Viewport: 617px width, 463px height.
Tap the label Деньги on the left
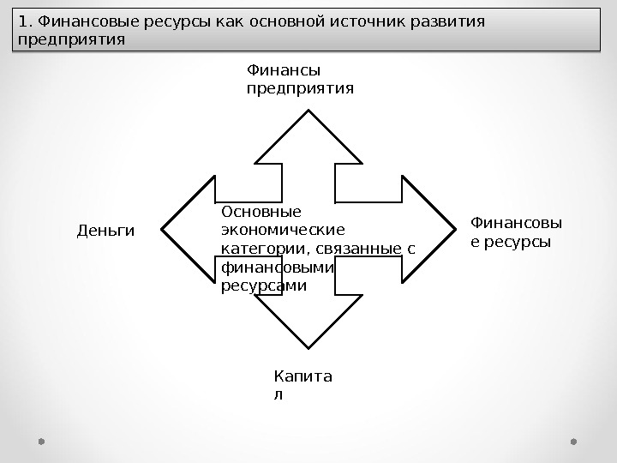pos(106,231)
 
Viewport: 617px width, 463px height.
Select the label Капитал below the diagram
pos(303,385)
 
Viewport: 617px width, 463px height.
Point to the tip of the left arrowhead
pos(161,230)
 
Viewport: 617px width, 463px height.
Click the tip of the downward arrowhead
pos(308,348)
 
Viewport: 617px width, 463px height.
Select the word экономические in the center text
pos(283,231)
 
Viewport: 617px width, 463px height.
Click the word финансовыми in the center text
pos(276,268)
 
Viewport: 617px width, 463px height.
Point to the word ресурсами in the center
pos(263,286)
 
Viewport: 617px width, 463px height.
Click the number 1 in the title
pos(22,22)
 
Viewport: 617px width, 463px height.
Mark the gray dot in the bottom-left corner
pos(41,442)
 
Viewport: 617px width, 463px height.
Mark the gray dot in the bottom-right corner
pos(574,442)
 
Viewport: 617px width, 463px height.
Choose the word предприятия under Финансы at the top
pos(299,88)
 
